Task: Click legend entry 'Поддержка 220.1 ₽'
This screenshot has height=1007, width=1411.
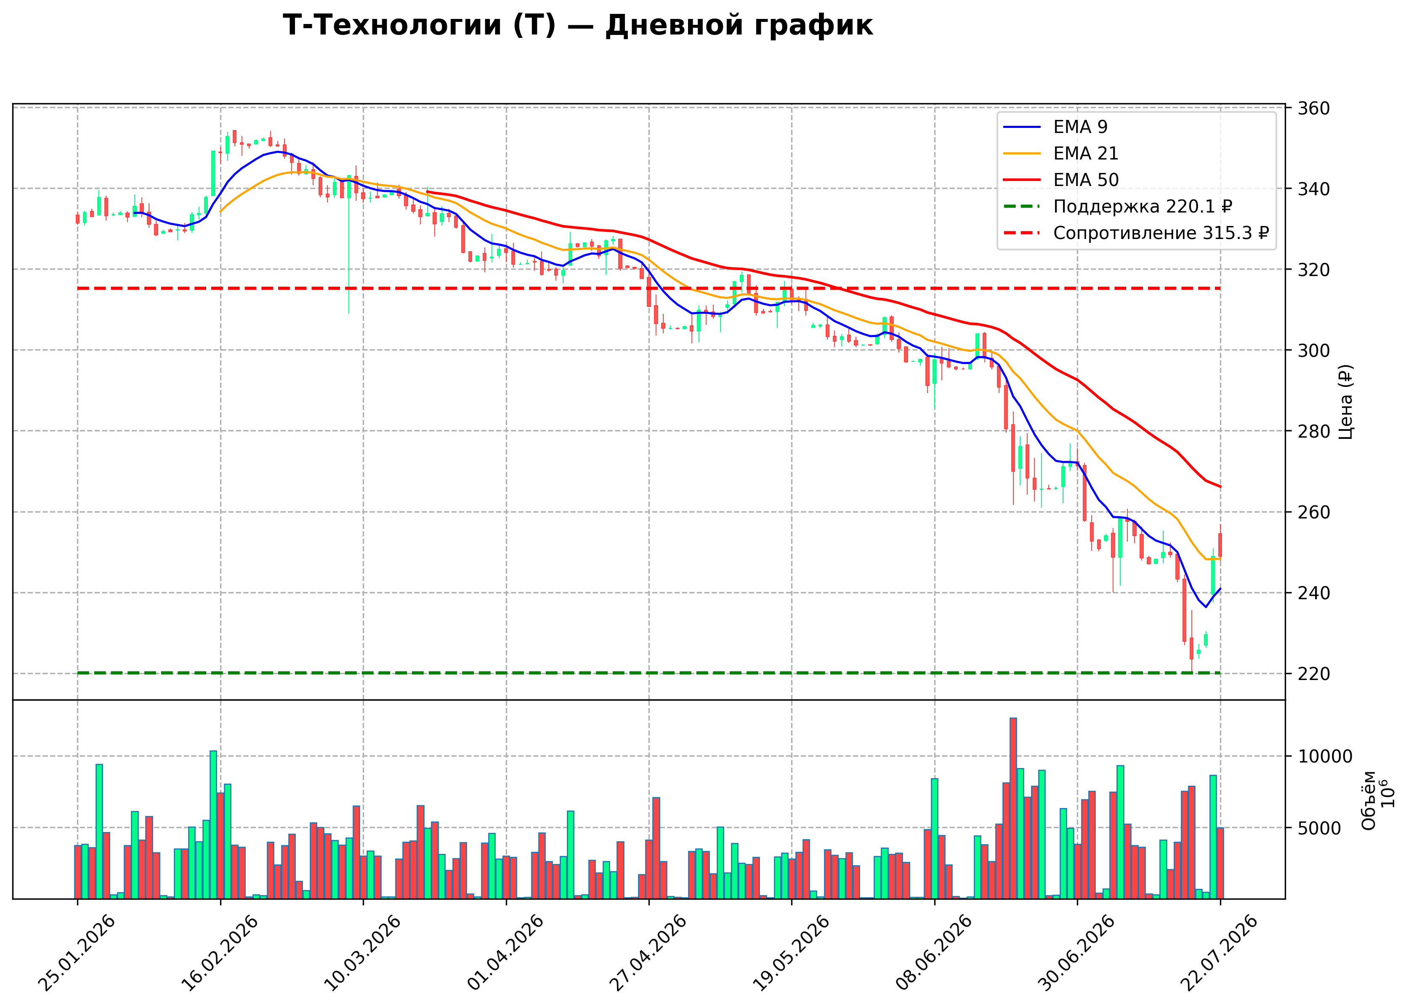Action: pyautogui.click(x=1118, y=207)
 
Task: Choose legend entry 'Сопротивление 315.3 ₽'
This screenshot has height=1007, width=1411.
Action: pyautogui.click(x=1136, y=233)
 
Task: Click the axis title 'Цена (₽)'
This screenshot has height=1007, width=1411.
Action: pyautogui.click(x=1345, y=402)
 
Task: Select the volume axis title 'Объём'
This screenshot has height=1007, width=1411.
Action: pyautogui.click(x=1369, y=800)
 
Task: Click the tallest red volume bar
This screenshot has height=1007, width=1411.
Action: pyautogui.click(x=1013, y=808)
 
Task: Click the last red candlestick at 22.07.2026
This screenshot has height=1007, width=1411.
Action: pyautogui.click(x=1220, y=545)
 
